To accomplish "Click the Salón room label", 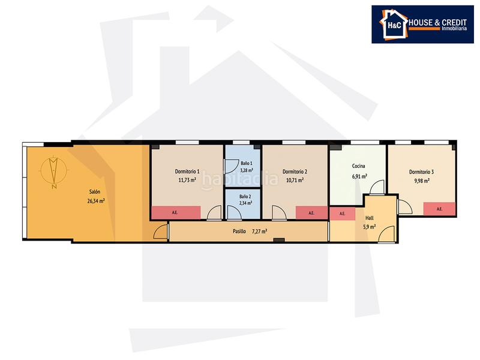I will (x=94, y=192).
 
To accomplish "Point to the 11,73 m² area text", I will (x=187, y=179).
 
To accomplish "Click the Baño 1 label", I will (x=238, y=163).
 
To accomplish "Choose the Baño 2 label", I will (x=238, y=196).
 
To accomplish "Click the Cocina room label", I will (x=359, y=167).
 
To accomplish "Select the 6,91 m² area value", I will (x=359, y=176).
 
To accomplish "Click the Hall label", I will (x=369, y=218).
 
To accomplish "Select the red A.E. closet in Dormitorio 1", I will (x=175, y=212).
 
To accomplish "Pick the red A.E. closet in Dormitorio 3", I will (x=439, y=209).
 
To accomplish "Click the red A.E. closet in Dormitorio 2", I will (x=311, y=212).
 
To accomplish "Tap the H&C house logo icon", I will (x=391, y=25).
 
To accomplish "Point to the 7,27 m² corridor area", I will (x=260, y=230).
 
